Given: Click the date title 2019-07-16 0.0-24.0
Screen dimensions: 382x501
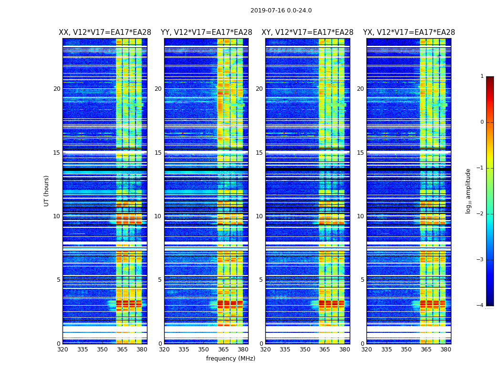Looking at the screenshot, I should pyautogui.click(x=281, y=11).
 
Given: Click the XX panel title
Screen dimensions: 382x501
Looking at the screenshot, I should pyautogui.click(x=105, y=32).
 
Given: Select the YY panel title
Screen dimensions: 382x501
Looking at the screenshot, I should pyautogui.click(x=206, y=32).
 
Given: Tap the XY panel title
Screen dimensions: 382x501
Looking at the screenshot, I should pyautogui.click(x=307, y=32).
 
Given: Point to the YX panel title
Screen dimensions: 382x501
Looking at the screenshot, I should pyautogui.click(x=409, y=32).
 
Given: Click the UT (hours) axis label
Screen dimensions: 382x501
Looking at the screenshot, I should pyautogui.click(x=47, y=191).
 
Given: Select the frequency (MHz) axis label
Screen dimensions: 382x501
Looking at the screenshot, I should pyautogui.click(x=230, y=359).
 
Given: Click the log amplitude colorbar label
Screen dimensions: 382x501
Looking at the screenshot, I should pyautogui.click(x=468, y=191).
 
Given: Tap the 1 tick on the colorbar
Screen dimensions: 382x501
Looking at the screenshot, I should pyautogui.click(x=482, y=76).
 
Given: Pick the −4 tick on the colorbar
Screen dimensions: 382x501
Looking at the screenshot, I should pyautogui.click(x=480, y=306).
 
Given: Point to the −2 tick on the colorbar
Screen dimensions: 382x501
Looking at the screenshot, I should pyautogui.click(x=480, y=214).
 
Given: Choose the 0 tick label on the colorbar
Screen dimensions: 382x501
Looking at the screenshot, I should pyautogui.click(x=482, y=122).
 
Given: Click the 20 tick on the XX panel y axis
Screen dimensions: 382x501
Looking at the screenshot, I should pyautogui.click(x=57, y=89).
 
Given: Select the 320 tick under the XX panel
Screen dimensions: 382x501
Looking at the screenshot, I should pyautogui.click(x=63, y=350).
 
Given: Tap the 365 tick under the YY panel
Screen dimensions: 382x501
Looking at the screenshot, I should pyautogui.click(x=224, y=350).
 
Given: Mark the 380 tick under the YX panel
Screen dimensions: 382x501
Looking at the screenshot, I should pyautogui.click(x=446, y=350).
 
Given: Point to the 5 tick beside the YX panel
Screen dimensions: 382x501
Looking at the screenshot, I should pyautogui.click(x=363, y=280).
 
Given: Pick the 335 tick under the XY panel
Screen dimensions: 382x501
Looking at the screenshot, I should pyautogui.click(x=285, y=350).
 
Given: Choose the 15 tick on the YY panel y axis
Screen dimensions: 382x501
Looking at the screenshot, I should pyautogui.click(x=158, y=153).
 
